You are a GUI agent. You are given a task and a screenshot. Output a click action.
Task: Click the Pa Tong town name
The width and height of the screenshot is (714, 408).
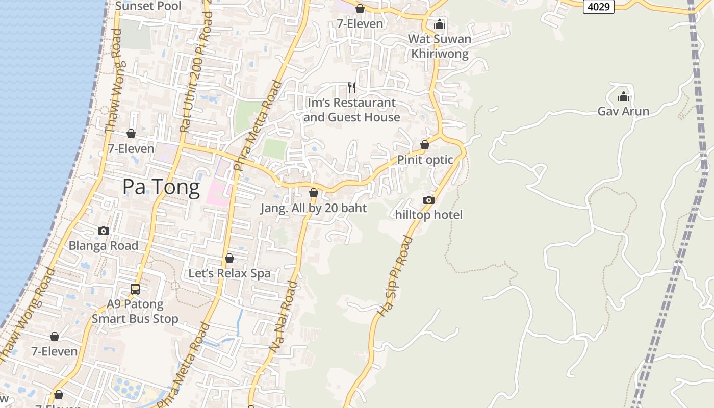click(161, 187)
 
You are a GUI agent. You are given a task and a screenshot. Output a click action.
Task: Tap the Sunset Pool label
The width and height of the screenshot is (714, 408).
click(148, 6)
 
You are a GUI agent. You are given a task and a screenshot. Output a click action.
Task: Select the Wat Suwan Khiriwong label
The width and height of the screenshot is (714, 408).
click(440, 46)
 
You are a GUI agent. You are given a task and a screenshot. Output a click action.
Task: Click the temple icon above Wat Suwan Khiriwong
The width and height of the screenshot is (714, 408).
click(440, 24)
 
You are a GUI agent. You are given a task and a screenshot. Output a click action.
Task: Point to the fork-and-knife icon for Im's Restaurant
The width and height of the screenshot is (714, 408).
click(351, 88)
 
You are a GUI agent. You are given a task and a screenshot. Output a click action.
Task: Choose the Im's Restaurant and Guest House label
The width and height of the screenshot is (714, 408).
click(351, 110)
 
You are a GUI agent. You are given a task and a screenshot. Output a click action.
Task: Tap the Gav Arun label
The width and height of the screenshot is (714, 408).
click(623, 111)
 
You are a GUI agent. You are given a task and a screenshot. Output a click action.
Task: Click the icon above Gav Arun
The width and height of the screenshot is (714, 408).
click(623, 96)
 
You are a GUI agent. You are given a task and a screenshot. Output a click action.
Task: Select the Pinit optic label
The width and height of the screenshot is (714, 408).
click(425, 160)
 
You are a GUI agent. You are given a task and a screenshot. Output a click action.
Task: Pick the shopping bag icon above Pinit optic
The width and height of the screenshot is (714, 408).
click(424, 145)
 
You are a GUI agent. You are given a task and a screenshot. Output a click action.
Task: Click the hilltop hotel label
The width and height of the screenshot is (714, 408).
click(429, 215)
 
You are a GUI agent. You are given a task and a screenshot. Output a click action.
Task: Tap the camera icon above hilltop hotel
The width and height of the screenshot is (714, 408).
click(429, 200)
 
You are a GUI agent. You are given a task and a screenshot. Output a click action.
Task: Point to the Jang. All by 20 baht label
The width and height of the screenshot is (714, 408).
click(314, 208)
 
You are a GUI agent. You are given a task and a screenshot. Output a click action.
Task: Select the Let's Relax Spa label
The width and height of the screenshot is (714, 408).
click(229, 273)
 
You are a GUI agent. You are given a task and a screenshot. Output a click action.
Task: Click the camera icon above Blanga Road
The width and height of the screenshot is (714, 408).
click(104, 231)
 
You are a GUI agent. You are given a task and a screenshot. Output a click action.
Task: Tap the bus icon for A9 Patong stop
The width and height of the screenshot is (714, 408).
click(135, 289)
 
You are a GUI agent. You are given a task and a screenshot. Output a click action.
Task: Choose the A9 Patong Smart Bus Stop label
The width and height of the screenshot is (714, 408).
click(135, 312)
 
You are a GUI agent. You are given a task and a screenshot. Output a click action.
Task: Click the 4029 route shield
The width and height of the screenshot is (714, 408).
click(598, 6)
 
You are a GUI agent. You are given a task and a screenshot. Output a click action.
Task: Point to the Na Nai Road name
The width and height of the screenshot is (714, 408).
click(284, 317)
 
